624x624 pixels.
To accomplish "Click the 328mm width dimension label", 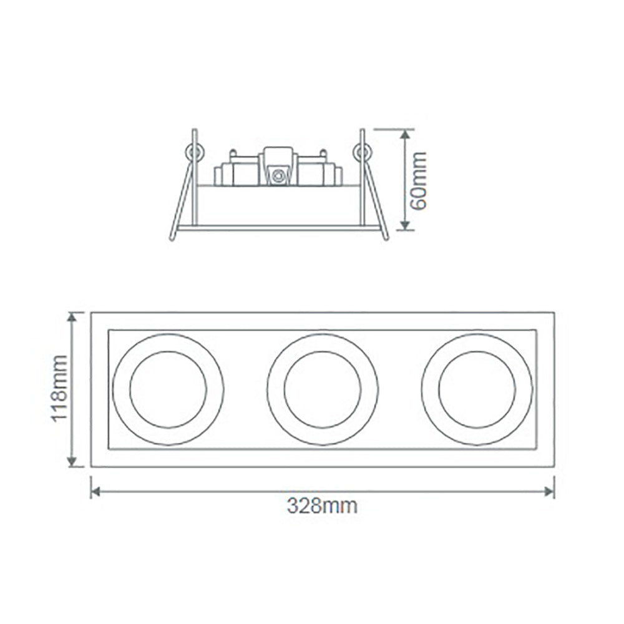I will pyautogui.click(x=322, y=505).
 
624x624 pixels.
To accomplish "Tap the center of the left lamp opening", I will pyautogui.click(x=168, y=389).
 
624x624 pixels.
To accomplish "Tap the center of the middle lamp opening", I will pyautogui.click(x=322, y=389).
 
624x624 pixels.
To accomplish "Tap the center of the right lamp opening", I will pyautogui.click(x=477, y=389).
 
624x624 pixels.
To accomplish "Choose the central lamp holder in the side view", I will pyautogui.click(x=278, y=168).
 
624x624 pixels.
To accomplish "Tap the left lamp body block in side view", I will pyautogui.click(x=235, y=173).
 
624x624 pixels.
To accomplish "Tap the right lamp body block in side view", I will pyautogui.click(x=319, y=173).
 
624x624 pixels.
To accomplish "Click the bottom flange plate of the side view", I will pyautogui.click(x=278, y=228).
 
